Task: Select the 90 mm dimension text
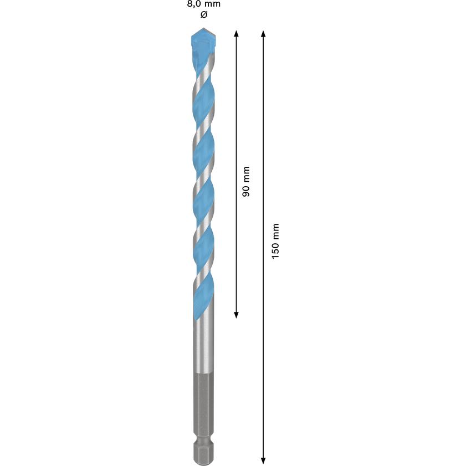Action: pos(246,182)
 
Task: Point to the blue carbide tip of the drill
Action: pos(203,44)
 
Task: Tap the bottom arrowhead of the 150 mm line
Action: pos(263,459)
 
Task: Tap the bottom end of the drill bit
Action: pos(203,460)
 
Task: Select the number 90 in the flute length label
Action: pos(246,189)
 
